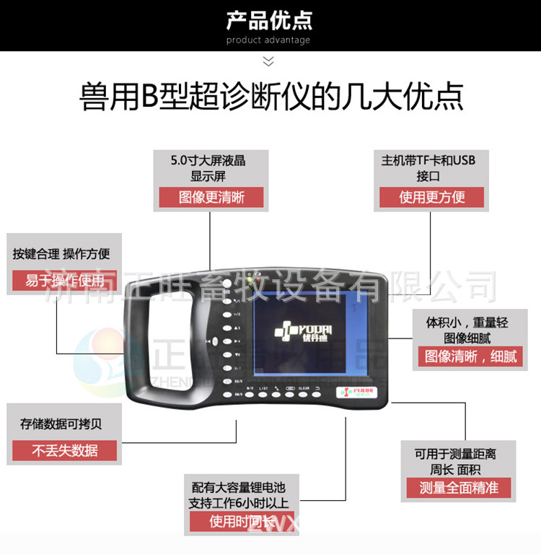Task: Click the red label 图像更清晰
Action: click(211, 197)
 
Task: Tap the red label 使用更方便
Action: click(431, 197)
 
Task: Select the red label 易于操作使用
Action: click(64, 280)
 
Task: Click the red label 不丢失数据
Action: click(64, 450)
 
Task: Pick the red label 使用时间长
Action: click(242, 521)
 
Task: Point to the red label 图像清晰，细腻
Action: click(470, 356)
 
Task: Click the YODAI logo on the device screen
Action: click(299, 333)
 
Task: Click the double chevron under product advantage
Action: click(268, 61)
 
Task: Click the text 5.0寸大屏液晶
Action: click(208, 160)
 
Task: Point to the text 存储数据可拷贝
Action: click(61, 424)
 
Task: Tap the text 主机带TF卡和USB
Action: click(428, 160)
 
